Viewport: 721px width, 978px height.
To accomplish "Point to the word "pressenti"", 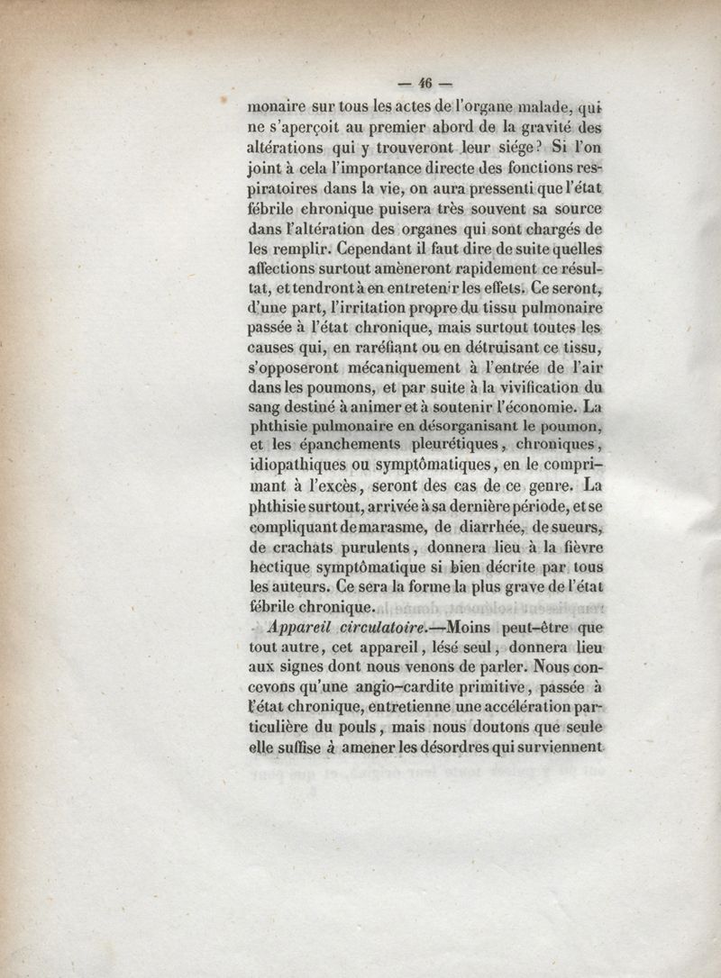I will pyautogui.click(x=473, y=191).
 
